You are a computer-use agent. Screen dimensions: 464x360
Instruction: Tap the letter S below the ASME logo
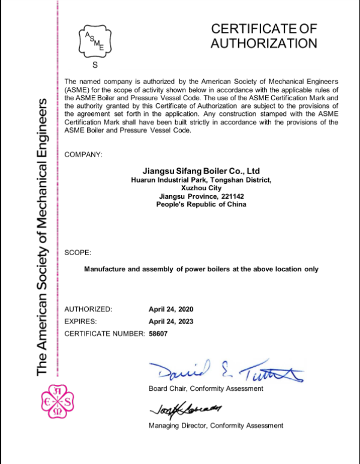point(94,65)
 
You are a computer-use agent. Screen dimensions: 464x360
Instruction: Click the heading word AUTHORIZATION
point(263,43)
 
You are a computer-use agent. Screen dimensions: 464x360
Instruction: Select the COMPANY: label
point(83,155)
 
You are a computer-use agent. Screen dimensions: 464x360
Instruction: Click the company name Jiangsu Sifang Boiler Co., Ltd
point(201,170)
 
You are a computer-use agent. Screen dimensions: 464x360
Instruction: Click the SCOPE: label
point(78,253)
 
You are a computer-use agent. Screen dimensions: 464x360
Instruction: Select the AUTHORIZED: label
point(88,309)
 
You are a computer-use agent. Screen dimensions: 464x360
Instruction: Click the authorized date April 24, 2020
point(171,309)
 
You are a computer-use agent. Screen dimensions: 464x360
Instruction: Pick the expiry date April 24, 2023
point(171,321)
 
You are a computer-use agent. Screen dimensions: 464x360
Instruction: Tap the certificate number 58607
point(159,333)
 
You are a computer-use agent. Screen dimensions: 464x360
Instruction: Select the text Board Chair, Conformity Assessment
point(206,388)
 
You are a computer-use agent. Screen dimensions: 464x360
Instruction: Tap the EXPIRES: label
point(81,321)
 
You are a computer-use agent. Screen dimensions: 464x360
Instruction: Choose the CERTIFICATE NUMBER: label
point(104,333)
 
